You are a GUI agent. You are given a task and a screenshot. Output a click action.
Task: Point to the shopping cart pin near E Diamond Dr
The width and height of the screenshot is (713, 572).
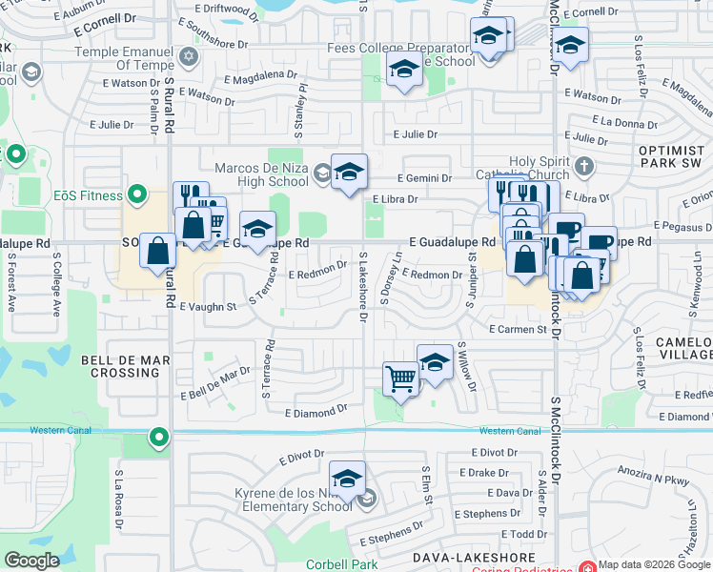pos(400,378)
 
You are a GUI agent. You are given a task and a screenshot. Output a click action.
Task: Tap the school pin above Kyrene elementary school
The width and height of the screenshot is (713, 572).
pos(347,477)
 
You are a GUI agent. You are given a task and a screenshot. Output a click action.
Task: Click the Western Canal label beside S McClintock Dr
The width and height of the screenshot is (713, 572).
pos(500,431)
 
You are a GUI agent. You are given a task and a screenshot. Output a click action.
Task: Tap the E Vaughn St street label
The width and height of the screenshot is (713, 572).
pos(208,307)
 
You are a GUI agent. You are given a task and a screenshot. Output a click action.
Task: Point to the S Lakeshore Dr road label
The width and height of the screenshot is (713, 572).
pos(363,286)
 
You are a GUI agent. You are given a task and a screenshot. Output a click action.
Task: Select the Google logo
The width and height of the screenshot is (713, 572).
pos(32,561)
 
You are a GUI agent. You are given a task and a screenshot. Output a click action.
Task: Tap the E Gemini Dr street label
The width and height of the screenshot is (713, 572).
pos(424,178)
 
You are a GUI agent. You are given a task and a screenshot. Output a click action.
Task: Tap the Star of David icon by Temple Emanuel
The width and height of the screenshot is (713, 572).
pos(189,55)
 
